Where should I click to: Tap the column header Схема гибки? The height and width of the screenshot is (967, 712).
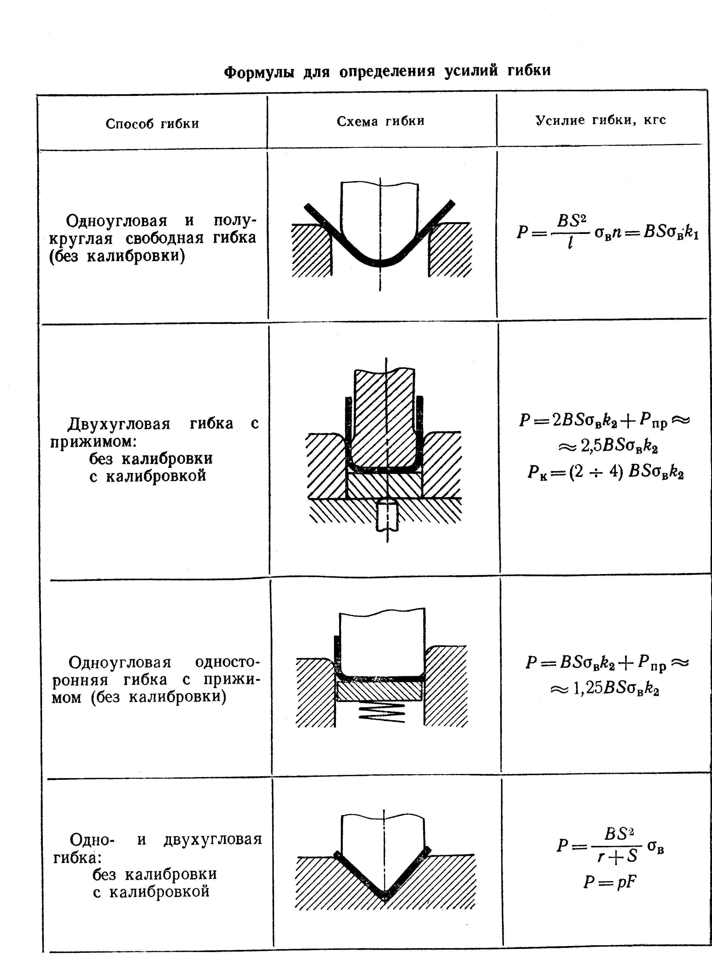[380, 121]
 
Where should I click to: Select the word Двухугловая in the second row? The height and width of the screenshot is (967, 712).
[119, 424]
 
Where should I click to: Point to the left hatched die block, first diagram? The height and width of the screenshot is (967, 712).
[311, 250]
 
